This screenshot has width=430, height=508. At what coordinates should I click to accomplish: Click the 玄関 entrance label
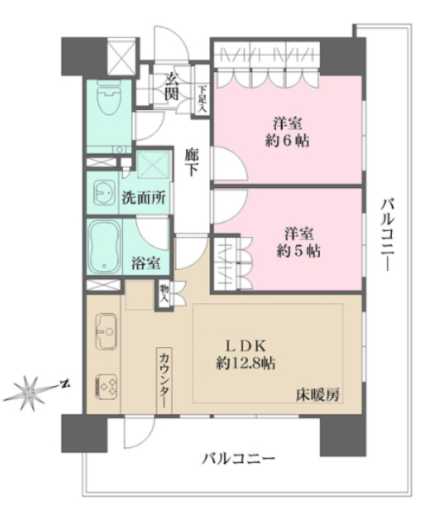click(x=172, y=86)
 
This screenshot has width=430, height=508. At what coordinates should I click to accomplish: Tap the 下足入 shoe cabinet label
click(x=202, y=99)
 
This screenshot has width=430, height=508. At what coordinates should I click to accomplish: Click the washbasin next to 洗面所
click(x=104, y=192)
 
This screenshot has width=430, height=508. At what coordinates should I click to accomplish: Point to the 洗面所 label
click(x=144, y=197)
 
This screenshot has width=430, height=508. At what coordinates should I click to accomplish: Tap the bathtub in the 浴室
click(x=105, y=247)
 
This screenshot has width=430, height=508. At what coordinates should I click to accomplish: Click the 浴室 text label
click(x=146, y=262)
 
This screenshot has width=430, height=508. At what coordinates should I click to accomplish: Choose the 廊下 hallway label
click(x=191, y=162)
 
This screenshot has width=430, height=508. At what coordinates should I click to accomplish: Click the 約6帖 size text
click(x=288, y=141)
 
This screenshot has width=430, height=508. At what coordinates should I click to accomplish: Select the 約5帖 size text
click(x=299, y=251)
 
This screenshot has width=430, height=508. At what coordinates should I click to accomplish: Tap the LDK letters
click(x=245, y=346)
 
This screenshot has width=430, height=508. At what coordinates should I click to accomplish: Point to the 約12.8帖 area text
click(x=245, y=363)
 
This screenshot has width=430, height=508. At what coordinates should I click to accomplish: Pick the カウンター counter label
click(x=164, y=381)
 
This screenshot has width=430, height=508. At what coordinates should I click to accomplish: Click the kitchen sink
click(x=106, y=331)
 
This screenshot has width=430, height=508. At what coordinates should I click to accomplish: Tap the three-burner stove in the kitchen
click(x=106, y=387)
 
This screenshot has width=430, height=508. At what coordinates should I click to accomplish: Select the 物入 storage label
click(x=164, y=294)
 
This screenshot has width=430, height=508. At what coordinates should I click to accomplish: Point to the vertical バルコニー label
click(x=388, y=235)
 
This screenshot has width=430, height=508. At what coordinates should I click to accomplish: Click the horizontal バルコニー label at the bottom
click(x=239, y=459)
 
